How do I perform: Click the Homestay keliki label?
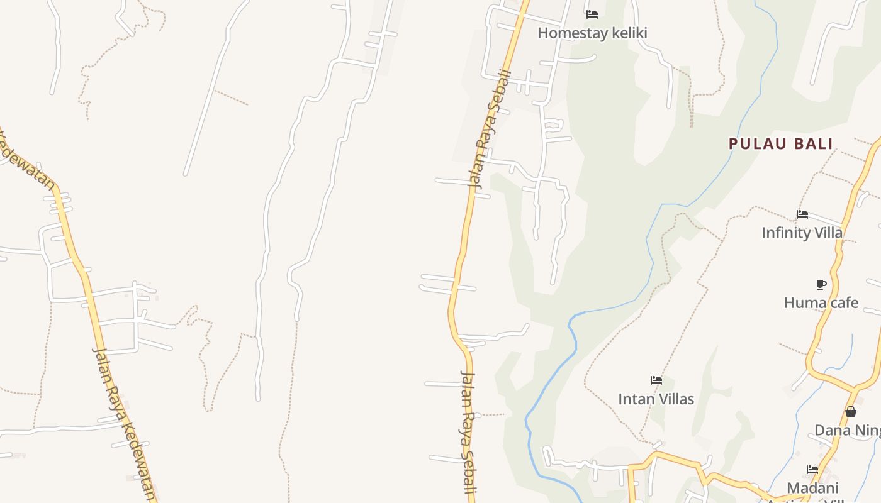[592, 33]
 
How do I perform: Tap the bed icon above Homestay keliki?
[592, 14]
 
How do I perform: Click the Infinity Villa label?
[802, 233]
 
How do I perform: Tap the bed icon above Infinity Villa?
[802, 214]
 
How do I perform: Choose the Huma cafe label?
[821, 302]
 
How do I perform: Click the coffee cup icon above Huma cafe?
[821, 284]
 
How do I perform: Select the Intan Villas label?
[656, 399]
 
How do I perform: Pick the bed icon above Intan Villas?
[656, 380]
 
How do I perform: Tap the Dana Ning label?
[847, 430]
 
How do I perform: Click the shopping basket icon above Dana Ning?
[851, 412]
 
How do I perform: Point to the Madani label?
[812, 488]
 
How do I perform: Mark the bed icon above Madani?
[812, 470]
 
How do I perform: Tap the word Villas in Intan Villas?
[674, 399]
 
